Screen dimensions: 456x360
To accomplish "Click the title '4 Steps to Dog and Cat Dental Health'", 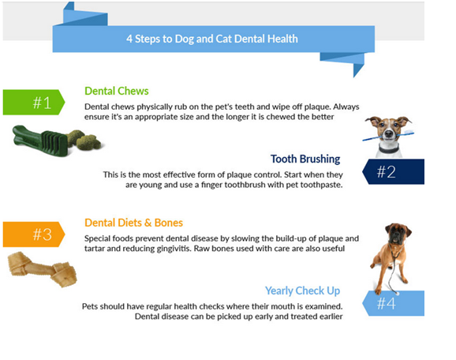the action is click(x=212, y=39).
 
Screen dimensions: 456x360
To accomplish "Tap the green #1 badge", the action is click(x=34, y=102).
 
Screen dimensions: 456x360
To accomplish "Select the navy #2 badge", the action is click(x=393, y=171).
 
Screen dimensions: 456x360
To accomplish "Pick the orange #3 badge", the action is click(x=34, y=234).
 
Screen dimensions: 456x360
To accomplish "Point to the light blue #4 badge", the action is click(x=393, y=303).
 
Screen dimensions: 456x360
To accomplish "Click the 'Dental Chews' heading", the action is click(x=116, y=91).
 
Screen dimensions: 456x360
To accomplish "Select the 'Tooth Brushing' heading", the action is click(x=305, y=159).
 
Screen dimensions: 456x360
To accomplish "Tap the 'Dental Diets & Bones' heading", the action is click(x=133, y=223).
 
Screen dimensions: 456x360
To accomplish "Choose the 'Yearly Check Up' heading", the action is click(x=302, y=291).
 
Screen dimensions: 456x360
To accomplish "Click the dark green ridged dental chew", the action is click(x=41, y=141).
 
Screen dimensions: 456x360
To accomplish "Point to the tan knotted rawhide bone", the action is click(x=43, y=269).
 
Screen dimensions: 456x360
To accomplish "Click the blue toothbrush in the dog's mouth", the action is click(x=388, y=136).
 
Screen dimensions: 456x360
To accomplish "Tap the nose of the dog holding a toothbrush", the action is click(x=388, y=134).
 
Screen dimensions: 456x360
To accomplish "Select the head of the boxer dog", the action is click(x=398, y=233).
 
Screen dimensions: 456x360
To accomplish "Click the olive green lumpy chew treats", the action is click(x=84, y=139).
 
